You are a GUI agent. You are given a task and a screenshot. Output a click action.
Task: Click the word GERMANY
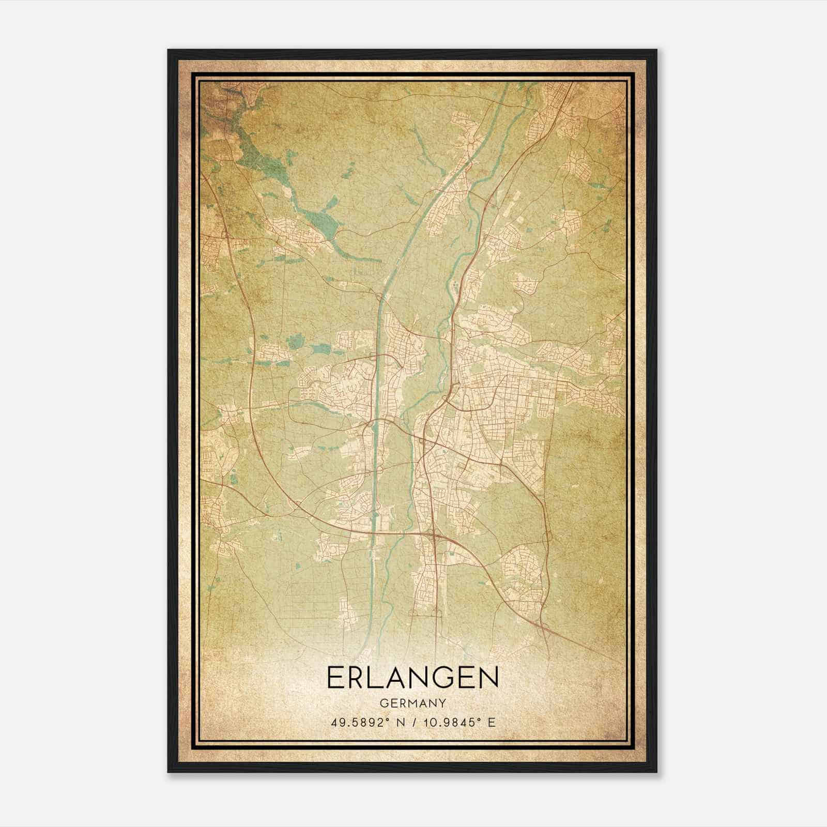coord(412,703)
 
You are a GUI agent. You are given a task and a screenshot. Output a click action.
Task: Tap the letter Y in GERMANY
coord(442,703)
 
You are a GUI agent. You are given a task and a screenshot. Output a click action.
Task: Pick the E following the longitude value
coord(492,722)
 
